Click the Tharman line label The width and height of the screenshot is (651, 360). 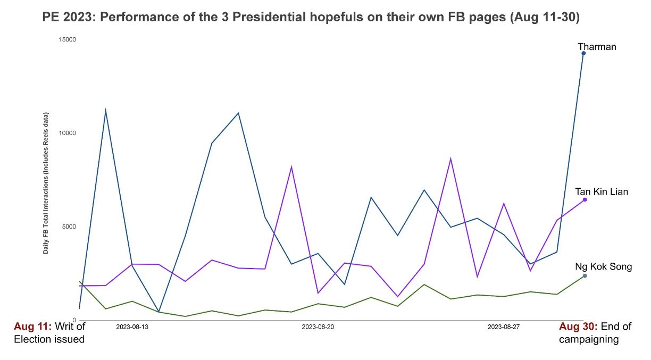pos(597,47)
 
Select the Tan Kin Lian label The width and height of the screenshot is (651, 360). pos(601,191)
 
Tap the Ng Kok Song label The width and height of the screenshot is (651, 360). pos(603,266)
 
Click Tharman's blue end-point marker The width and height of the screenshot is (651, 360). pos(583,53)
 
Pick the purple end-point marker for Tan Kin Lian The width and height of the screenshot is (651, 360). pos(585,199)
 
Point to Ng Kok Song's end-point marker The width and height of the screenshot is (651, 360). pos(585,275)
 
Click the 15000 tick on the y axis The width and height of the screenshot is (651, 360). pos(68,39)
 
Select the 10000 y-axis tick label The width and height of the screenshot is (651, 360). pos(68,133)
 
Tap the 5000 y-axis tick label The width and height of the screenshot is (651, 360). pos(69,227)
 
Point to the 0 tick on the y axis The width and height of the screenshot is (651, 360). pos(74,320)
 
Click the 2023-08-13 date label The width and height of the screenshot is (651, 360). pos(132,326)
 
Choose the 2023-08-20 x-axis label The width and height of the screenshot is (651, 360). pos(318,326)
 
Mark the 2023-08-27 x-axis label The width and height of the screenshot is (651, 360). pos(504,326)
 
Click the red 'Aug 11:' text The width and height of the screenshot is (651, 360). pos(32,326)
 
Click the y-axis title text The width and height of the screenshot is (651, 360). pos(46,182)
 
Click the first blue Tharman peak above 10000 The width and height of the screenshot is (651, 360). pos(105,110)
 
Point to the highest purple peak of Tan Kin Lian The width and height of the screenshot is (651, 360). pos(450,158)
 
